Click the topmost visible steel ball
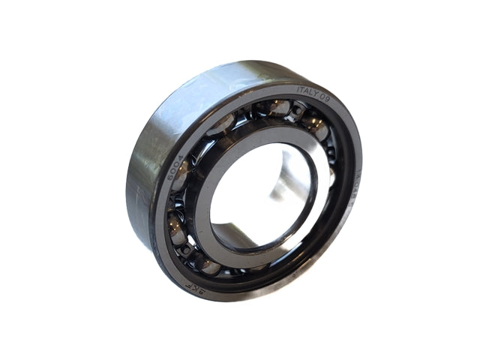tap(279, 108)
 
